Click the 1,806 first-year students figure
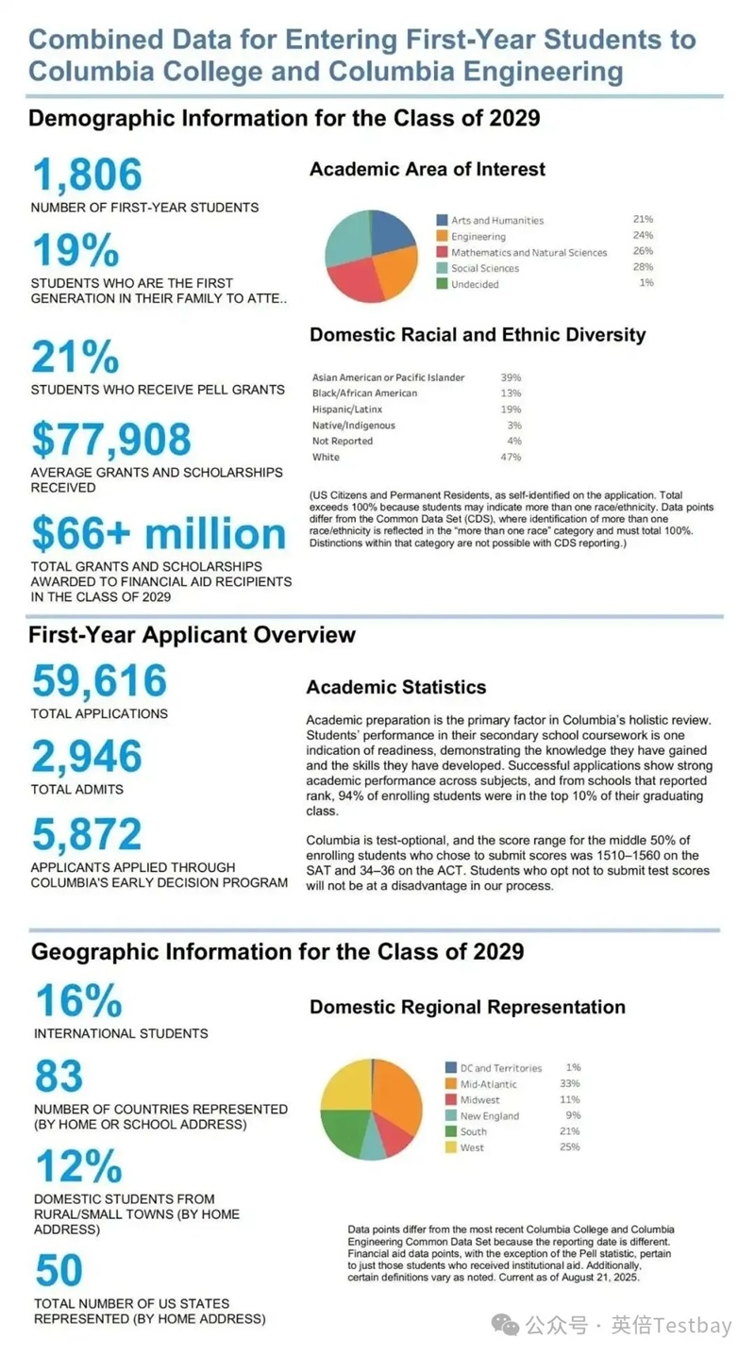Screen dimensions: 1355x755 coord(87,176)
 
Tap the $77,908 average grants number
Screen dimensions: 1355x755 coord(111,440)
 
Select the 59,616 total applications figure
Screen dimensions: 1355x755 coord(99,681)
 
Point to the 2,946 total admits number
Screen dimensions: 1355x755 coord(87,757)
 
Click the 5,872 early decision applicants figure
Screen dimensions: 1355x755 coord(87,834)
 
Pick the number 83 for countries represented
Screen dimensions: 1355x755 coord(59,1077)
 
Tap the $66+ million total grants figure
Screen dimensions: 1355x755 coord(159,534)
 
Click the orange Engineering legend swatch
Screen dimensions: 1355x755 coord(442,236)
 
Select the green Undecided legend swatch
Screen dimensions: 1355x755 coord(442,284)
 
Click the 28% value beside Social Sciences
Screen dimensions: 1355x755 coord(644,268)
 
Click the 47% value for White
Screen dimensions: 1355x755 coord(511,457)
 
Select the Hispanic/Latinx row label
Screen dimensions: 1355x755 coord(345,410)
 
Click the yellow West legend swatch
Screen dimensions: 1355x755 coord(451,1147)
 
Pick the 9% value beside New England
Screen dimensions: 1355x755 coord(573,1115)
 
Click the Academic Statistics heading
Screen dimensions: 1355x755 coord(396,687)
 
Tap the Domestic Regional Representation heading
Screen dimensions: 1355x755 coord(467,1007)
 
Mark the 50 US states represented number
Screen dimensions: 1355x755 coord(59,1271)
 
